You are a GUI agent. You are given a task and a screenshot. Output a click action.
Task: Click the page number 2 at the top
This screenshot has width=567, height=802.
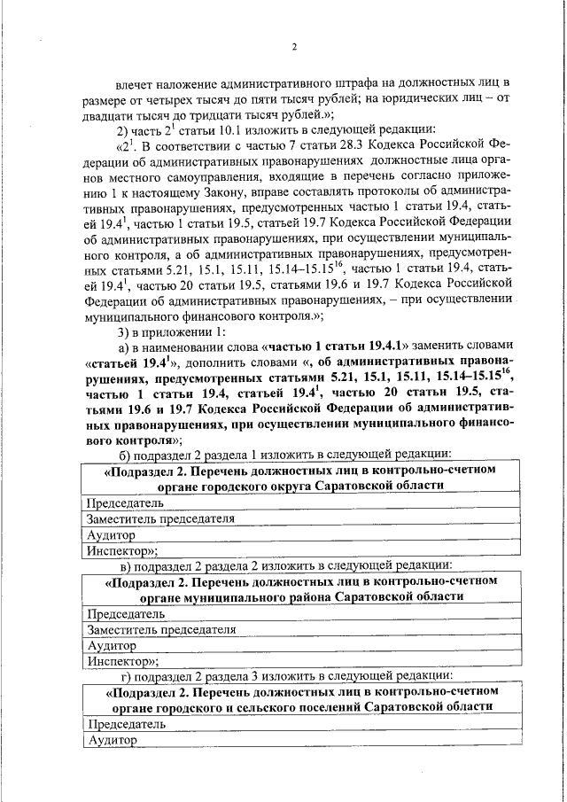pyautogui.click(x=295, y=47)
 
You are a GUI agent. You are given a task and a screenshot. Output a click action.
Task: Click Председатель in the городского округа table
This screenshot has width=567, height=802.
pyautogui.click(x=125, y=502)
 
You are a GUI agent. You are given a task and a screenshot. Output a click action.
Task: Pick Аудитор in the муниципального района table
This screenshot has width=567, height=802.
pyautogui.click(x=111, y=644)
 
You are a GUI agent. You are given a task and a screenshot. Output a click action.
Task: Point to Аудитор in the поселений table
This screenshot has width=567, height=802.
pyautogui.click(x=111, y=740)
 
